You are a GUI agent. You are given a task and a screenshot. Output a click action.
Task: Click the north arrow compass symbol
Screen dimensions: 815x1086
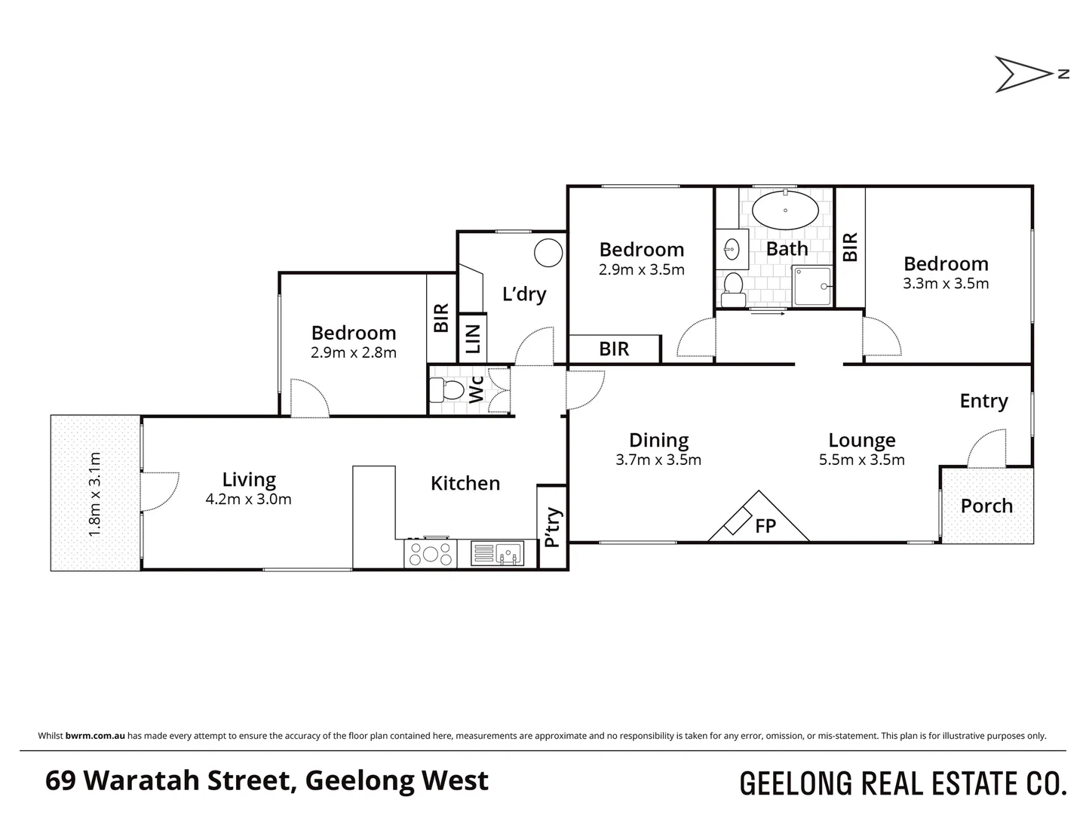coord(1023,74)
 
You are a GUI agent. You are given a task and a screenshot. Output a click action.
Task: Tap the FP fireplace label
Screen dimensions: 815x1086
coord(765,526)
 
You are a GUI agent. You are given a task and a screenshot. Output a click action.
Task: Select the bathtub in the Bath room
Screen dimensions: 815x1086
coord(785,210)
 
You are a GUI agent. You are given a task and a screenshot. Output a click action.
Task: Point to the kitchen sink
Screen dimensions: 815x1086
coord(495,554)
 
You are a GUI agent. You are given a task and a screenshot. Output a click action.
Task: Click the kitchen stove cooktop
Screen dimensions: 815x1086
coord(430,554)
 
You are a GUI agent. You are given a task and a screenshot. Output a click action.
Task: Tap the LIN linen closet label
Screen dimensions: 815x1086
coord(473,339)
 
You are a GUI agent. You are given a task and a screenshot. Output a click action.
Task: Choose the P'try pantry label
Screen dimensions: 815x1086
coord(553,527)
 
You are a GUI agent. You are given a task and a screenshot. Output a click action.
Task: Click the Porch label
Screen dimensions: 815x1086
coord(986,506)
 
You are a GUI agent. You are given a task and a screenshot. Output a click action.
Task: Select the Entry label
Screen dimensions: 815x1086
coord(983,401)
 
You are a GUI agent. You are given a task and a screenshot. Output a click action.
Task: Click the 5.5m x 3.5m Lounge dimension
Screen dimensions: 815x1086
coord(861,460)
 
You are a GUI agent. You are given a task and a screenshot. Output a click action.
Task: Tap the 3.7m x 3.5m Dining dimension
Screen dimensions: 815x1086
coord(658,460)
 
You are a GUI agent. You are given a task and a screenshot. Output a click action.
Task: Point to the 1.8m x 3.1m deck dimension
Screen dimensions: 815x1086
coord(95,494)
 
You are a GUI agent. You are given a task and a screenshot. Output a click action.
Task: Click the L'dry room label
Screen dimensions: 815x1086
coord(524,294)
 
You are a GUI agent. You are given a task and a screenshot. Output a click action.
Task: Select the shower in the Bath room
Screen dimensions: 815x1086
coord(812,286)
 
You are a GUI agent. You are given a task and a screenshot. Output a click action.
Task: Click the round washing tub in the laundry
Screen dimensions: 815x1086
coord(548,252)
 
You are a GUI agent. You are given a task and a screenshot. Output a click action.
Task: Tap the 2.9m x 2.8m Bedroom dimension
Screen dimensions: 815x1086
coord(354,352)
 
